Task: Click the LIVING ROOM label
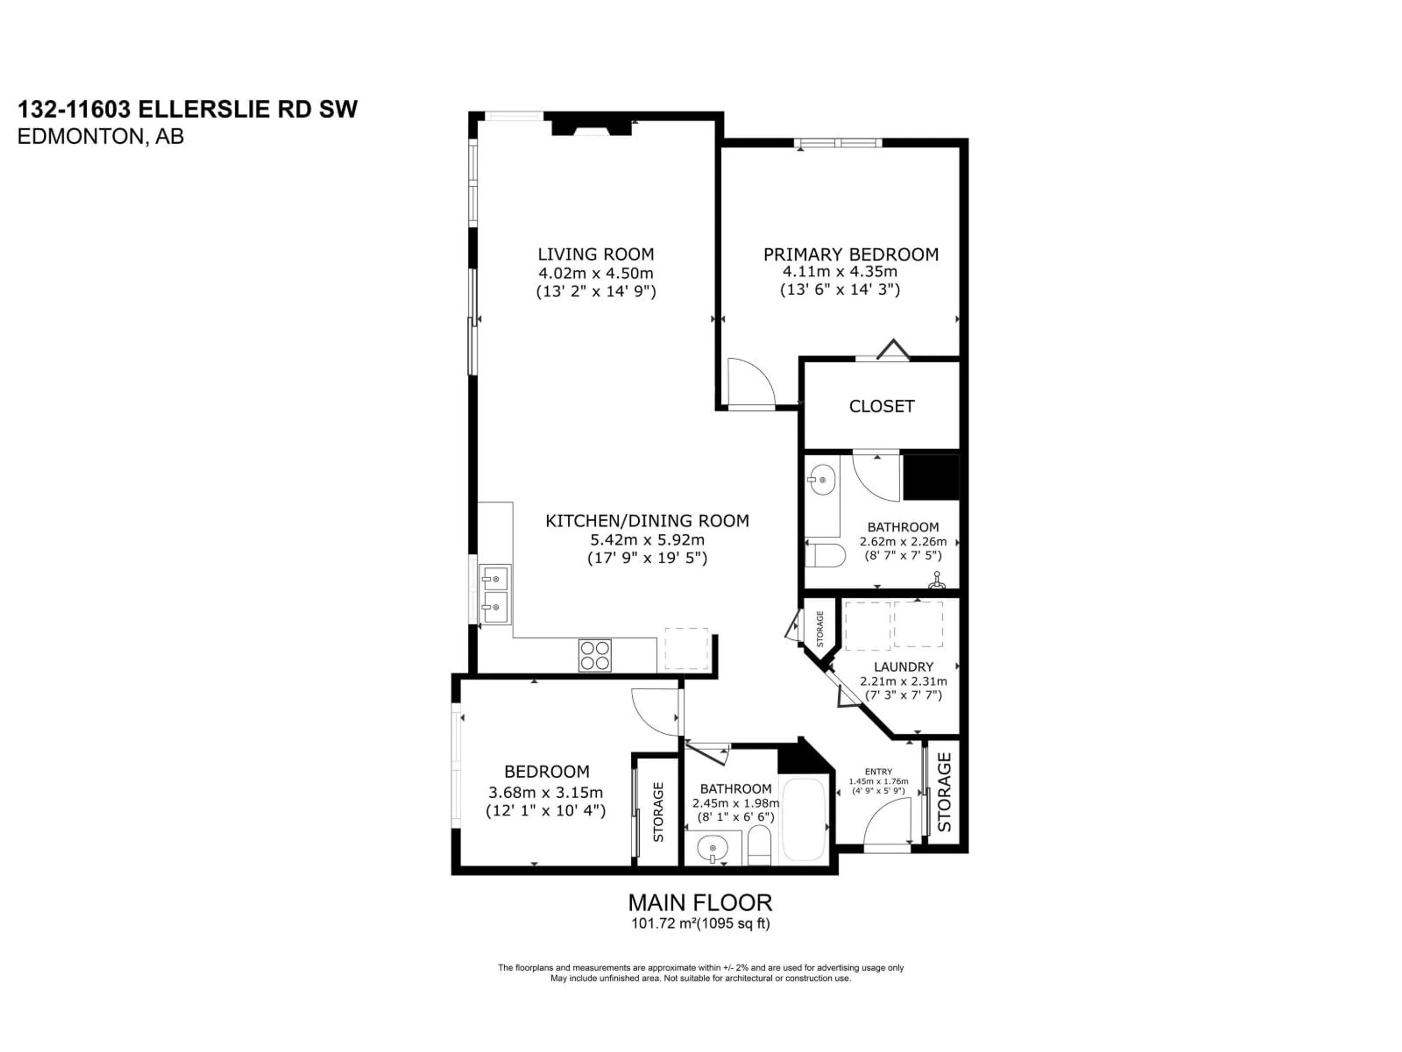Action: pos(596,254)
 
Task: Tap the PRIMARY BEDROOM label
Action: pos(851,254)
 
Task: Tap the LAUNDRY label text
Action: pos(903,667)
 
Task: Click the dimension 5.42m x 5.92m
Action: pos(647,540)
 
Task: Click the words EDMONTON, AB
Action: pos(100,136)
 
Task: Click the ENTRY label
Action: pos(878,772)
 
